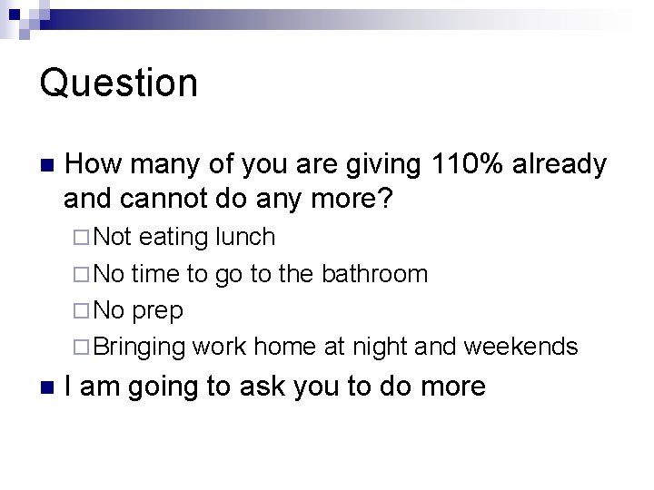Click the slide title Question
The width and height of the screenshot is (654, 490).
click(118, 83)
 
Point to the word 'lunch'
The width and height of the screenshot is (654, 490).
click(245, 238)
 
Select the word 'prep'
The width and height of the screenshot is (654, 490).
click(158, 311)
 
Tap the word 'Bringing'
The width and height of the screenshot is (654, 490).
click(140, 348)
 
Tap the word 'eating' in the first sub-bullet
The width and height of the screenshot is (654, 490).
click(174, 238)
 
